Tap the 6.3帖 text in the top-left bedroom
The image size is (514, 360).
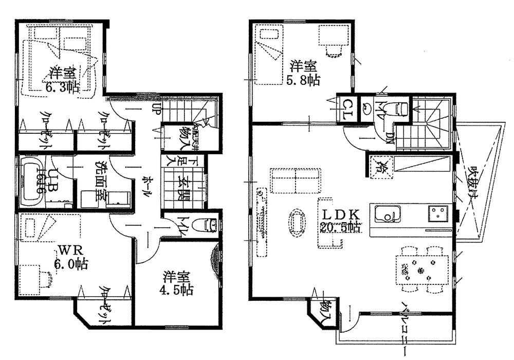pyautogui.click(x=62, y=87)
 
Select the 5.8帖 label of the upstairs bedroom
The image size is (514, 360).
pyautogui.click(x=303, y=80)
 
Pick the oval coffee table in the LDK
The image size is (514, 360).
pyautogui.click(x=296, y=222)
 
